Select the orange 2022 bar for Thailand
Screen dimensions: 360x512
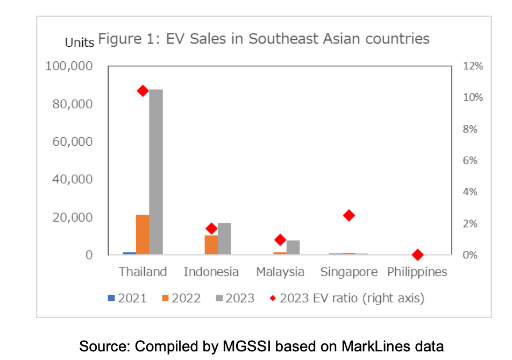click(143, 234)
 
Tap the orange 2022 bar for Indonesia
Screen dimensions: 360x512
click(211, 245)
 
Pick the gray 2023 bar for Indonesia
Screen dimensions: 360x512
click(224, 238)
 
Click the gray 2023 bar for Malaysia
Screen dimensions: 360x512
click(293, 247)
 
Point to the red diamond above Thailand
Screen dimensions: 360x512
click(143, 90)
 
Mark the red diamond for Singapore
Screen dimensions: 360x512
click(349, 215)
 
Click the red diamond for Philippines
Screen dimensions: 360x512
click(417, 255)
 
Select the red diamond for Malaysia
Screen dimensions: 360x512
click(280, 239)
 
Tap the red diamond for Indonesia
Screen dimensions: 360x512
click(211, 228)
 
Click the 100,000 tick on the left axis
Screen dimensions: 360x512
click(70, 66)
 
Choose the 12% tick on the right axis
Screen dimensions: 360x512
click(473, 66)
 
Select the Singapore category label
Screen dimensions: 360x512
click(349, 272)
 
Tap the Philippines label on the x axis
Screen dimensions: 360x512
click(417, 272)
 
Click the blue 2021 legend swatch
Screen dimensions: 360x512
click(111, 298)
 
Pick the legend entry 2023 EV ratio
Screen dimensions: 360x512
click(352, 298)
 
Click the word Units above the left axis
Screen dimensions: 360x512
click(80, 42)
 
